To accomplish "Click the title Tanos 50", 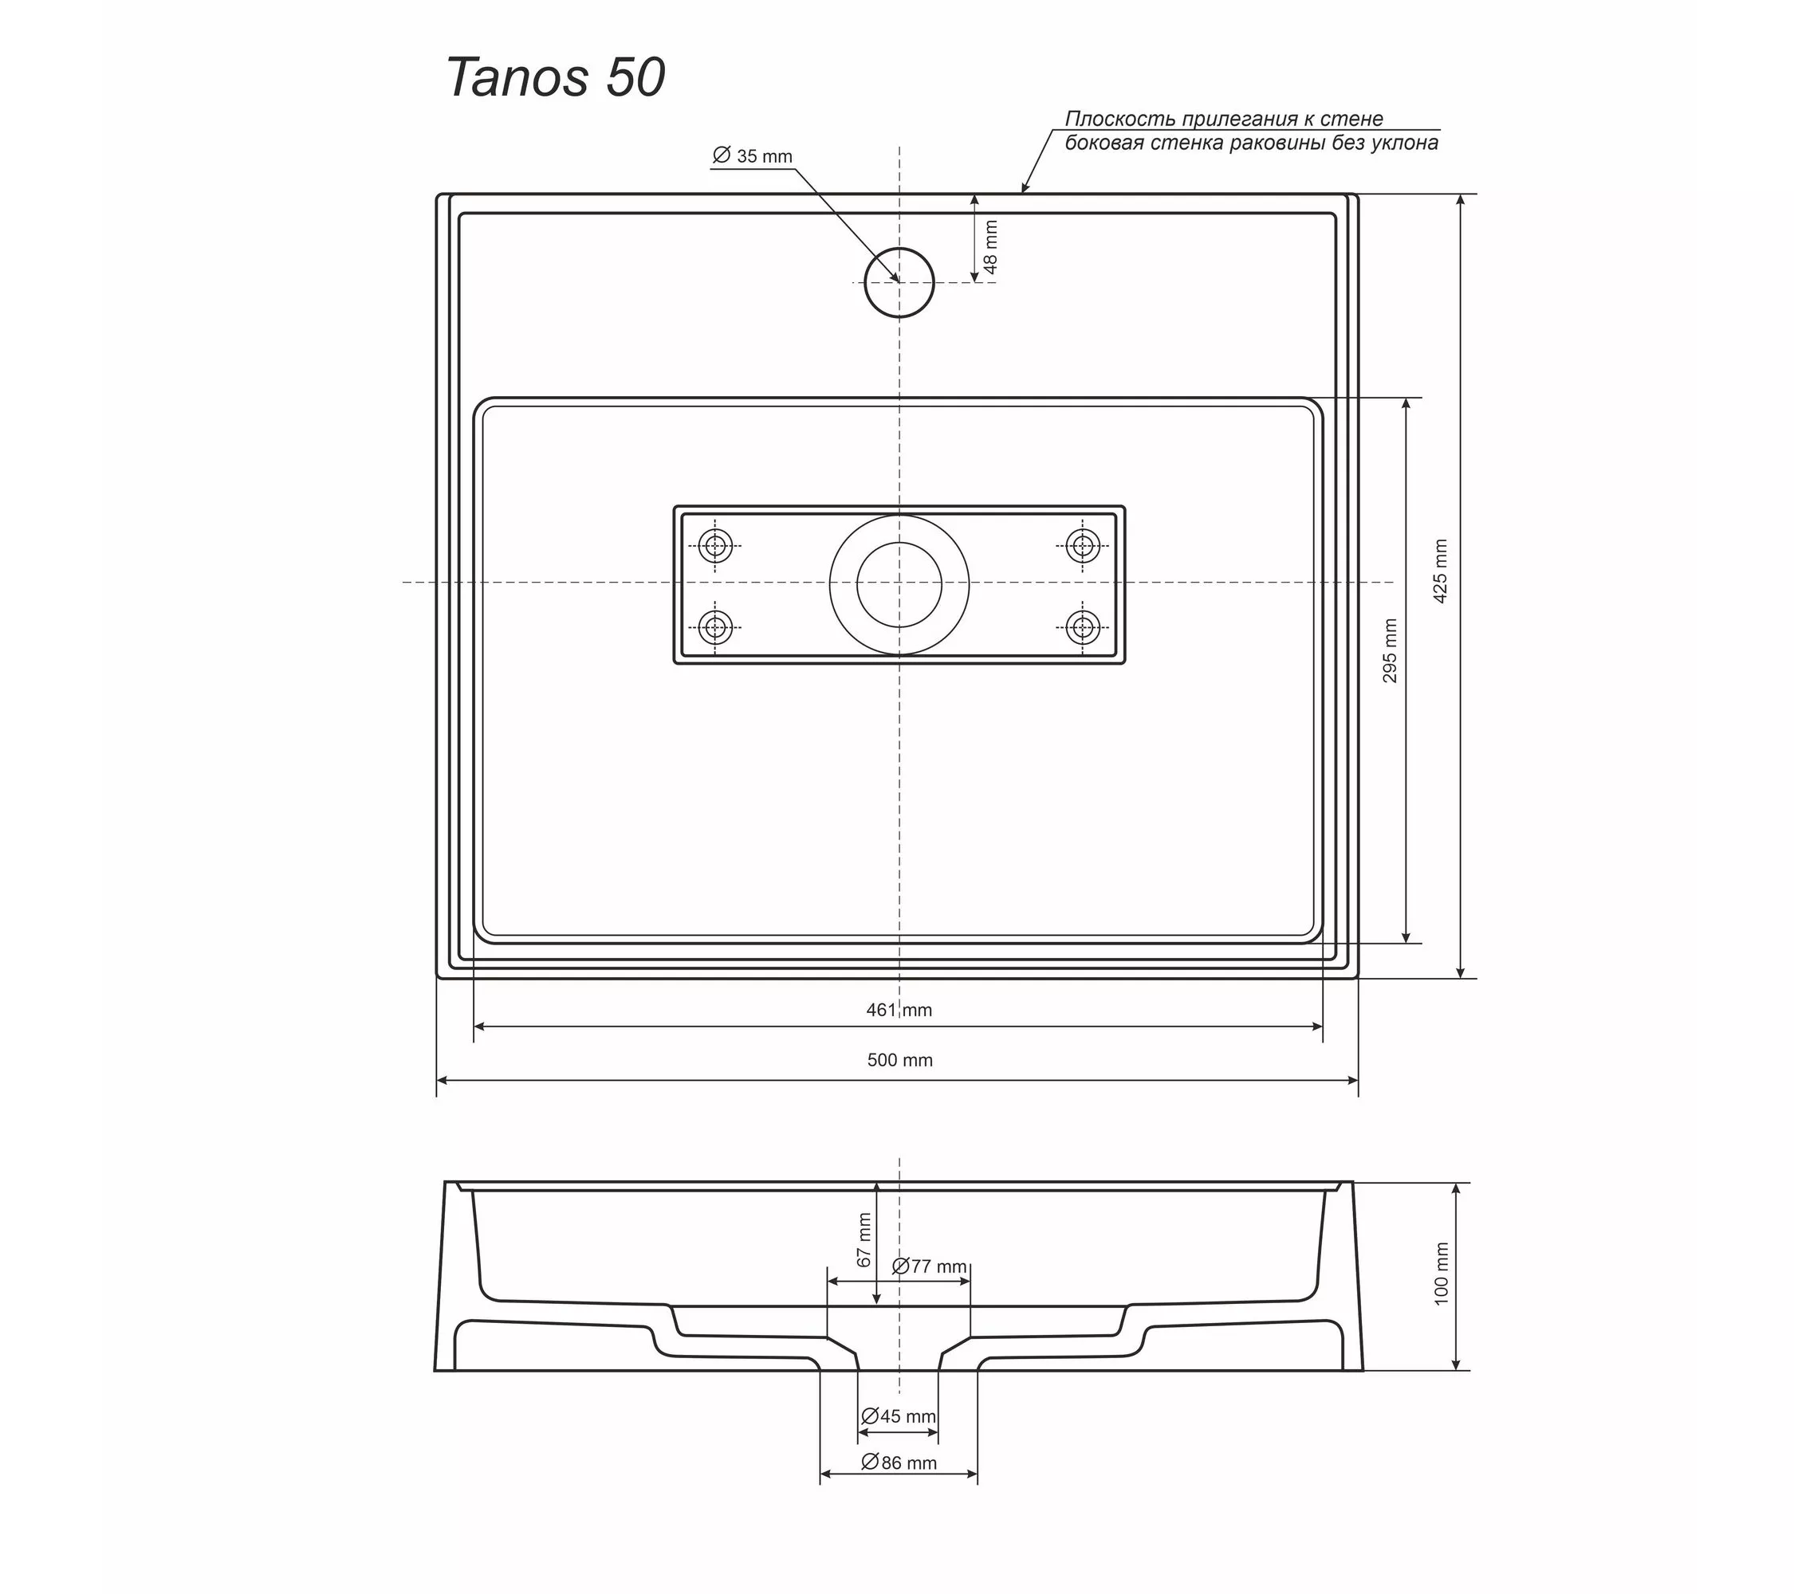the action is [x=556, y=77].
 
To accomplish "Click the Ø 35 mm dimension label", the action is [x=753, y=156].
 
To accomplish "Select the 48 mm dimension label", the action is [x=990, y=246].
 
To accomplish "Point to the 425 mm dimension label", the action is [x=1440, y=571].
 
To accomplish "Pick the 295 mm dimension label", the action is [x=1390, y=650].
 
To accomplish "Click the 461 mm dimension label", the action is [x=899, y=1010].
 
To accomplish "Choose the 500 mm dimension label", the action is [x=899, y=1060].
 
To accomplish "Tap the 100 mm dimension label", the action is [x=1441, y=1274].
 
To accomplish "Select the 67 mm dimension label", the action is [x=864, y=1239].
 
